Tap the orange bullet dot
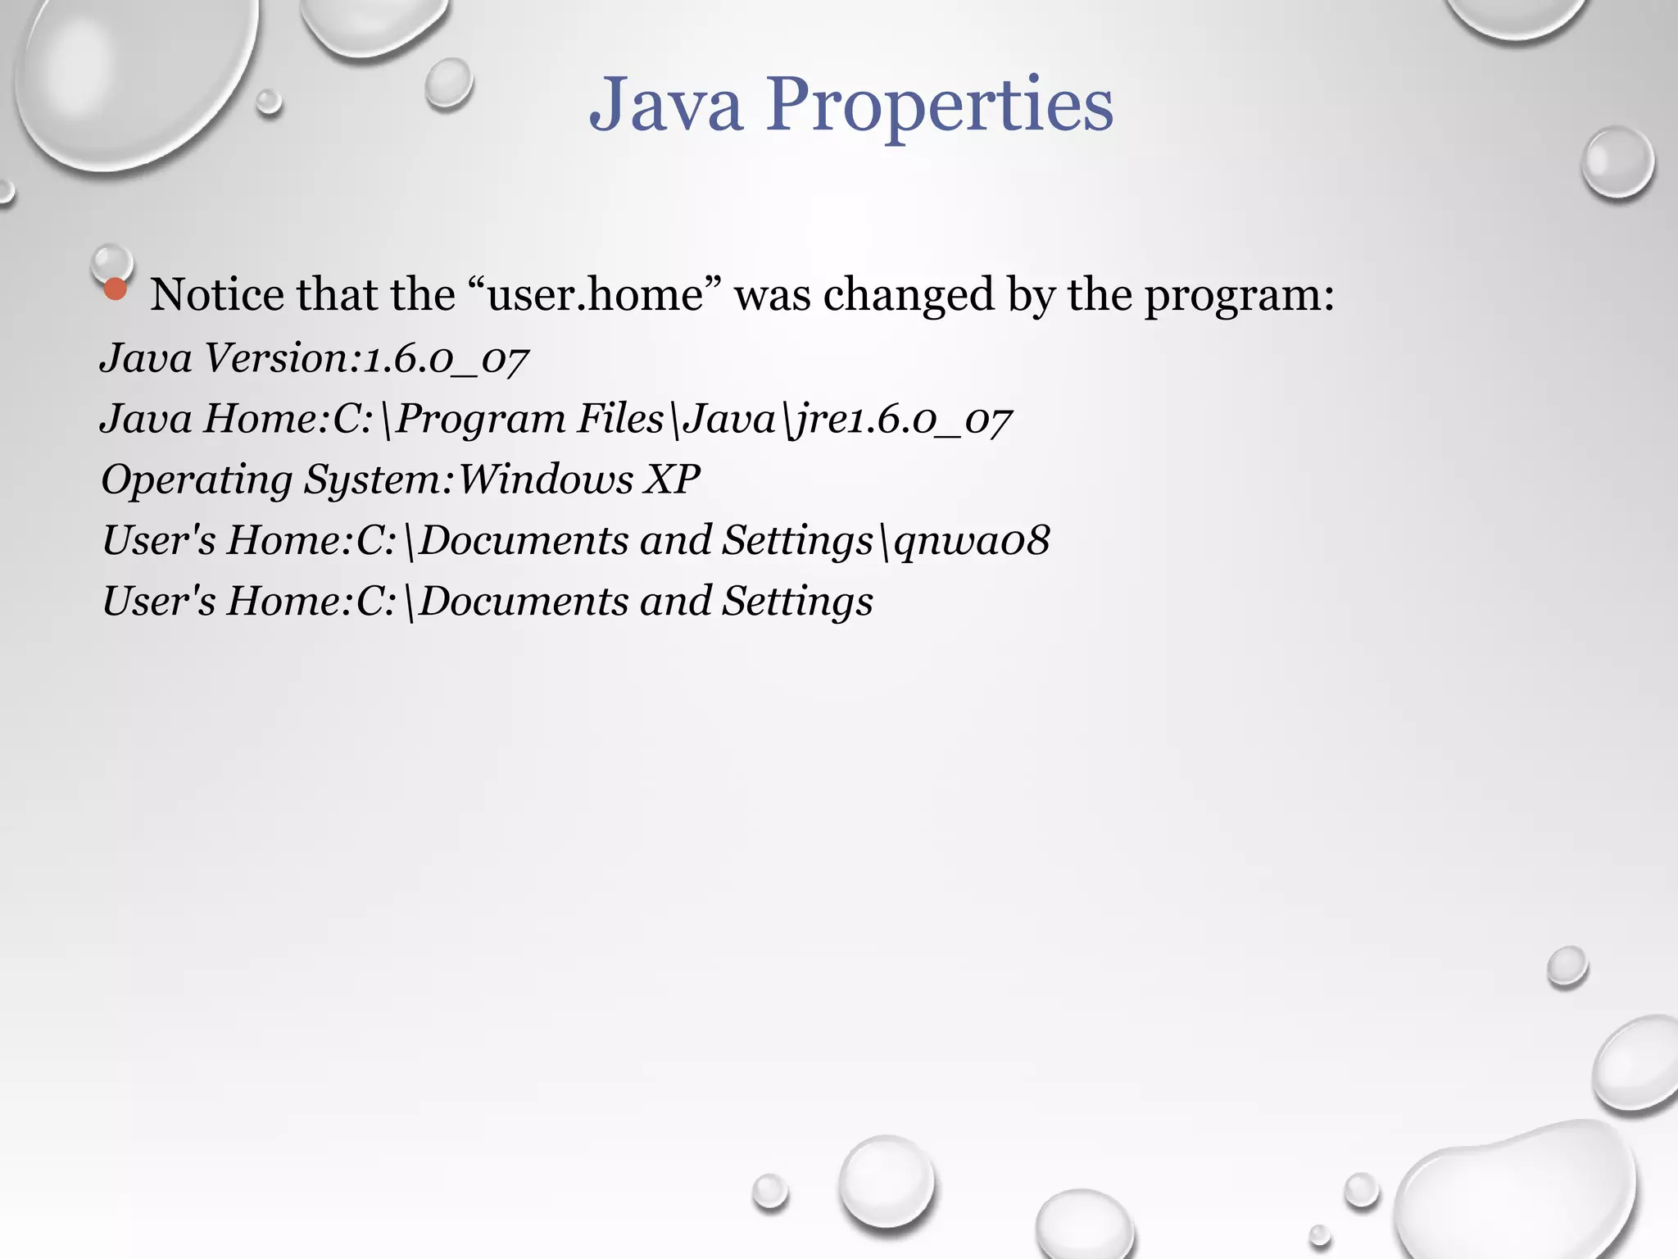tap(116, 289)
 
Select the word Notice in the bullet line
tap(215, 294)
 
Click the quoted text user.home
tap(595, 294)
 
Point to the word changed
tap(908, 294)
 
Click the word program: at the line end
tap(1239, 294)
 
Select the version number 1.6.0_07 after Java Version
tap(447, 359)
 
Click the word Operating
tap(196, 480)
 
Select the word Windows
tap(545, 479)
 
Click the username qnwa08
tap(972, 540)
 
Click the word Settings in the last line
tap(796, 602)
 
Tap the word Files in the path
tap(620, 419)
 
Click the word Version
tap(275, 358)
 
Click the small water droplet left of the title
tap(447, 83)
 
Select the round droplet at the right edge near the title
tap(1617, 161)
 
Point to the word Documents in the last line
tap(524, 601)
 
